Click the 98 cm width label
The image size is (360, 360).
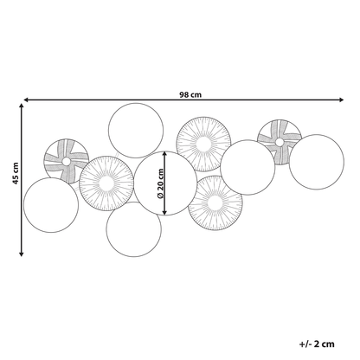point(190,94)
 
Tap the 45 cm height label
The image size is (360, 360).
point(16,173)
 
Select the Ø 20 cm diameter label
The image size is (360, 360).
point(160,183)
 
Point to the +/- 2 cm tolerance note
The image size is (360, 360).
point(317,344)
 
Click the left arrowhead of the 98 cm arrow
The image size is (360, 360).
point(26,100)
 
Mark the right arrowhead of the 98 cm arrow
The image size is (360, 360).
point(342,100)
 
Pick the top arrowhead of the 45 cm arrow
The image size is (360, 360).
point(21,106)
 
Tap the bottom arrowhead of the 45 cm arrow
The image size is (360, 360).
point(21,254)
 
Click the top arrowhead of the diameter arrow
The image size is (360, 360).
point(164,154)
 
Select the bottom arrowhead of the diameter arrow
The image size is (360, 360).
point(164,213)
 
